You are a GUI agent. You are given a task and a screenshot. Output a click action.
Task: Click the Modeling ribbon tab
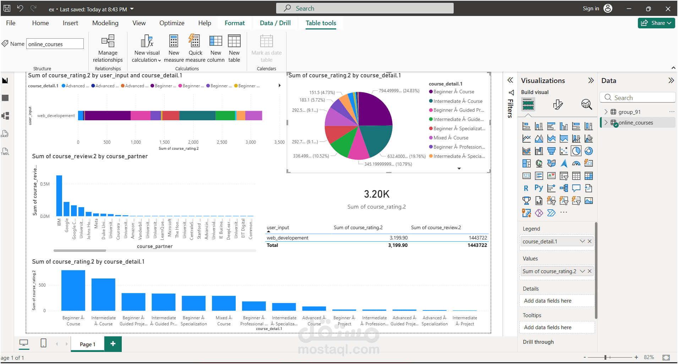pos(105,23)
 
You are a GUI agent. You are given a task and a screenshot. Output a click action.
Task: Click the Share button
pos(656,23)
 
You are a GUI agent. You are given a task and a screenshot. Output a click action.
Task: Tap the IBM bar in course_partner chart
pos(59,195)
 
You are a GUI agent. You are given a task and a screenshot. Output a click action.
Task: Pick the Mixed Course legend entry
pos(450,138)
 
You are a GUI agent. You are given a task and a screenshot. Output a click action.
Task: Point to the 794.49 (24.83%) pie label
pos(399,91)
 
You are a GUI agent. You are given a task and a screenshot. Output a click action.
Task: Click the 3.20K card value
pos(377,194)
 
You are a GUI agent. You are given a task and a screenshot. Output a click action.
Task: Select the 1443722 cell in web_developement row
pos(477,238)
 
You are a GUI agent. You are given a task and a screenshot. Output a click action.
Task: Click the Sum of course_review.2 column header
pos(436,227)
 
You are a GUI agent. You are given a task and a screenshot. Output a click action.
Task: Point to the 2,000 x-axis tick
pos(193,142)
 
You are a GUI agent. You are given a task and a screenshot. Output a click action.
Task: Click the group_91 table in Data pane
pos(629,112)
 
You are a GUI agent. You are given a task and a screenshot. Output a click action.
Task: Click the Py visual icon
pos(538,188)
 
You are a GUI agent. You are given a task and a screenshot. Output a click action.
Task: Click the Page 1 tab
pos(87,344)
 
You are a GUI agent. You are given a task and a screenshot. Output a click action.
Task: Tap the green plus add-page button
pos(113,344)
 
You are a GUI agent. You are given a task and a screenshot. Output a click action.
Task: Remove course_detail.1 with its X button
pos(590,241)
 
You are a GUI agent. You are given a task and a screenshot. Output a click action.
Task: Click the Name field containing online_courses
pos(55,44)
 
